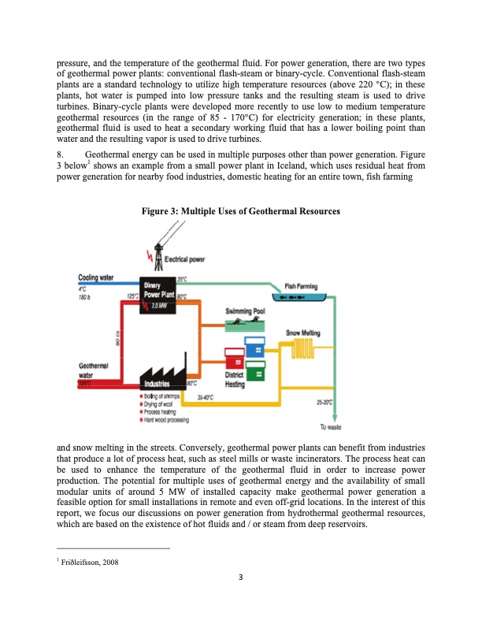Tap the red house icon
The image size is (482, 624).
click(234, 359)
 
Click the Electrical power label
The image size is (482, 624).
click(184, 258)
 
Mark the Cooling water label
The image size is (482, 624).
click(96, 277)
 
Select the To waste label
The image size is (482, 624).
click(330, 428)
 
